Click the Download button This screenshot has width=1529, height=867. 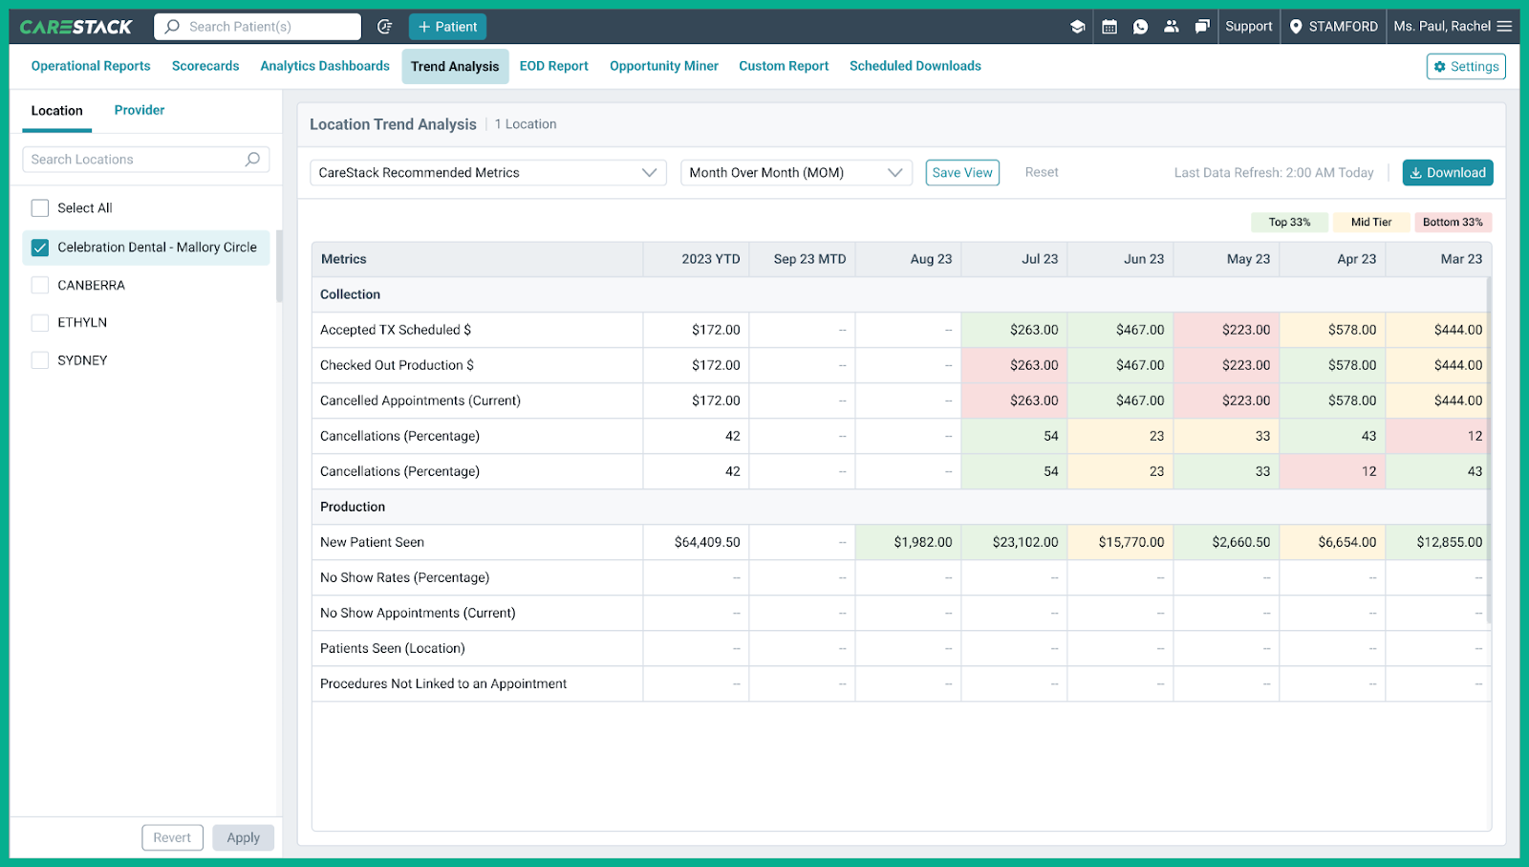click(1447, 173)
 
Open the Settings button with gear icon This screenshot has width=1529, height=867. click(1466, 67)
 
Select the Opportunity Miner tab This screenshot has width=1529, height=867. click(663, 66)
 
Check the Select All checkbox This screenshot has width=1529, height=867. click(40, 208)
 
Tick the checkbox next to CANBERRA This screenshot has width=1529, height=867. click(40, 285)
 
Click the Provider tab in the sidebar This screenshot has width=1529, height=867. click(140, 110)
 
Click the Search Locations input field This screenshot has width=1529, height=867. click(134, 160)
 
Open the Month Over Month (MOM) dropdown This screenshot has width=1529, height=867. click(795, 173)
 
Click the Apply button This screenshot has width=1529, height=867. click(243, 837)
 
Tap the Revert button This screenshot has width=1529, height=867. click(172, 837)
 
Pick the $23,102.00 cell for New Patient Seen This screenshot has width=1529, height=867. click(1024, 542)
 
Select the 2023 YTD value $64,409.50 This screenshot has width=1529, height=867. click(706, 542)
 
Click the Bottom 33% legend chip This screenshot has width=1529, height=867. click(1452, 222)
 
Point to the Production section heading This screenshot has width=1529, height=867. click(353, 507)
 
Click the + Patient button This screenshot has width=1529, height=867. click(447, 27)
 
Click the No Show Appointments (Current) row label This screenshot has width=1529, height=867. click(418, 613)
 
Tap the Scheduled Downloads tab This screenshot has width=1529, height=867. click(915, 66)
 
